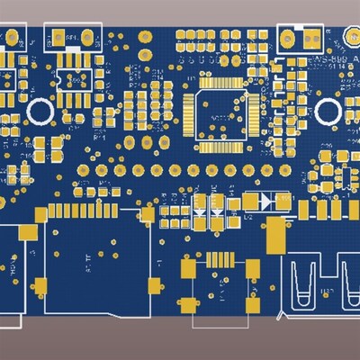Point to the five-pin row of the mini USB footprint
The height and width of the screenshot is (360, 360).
[x=218, y=256]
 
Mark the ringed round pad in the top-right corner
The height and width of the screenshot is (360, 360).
[x=351, y=33]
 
